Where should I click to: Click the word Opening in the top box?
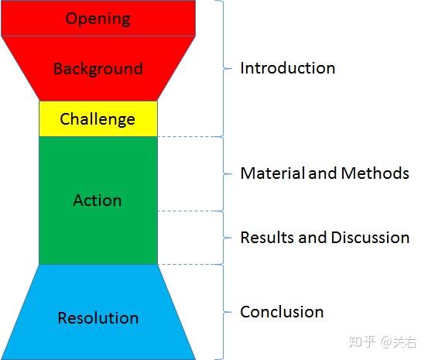pos(98,18)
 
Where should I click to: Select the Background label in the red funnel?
pos(98,68)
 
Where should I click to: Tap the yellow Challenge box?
pos(98,118)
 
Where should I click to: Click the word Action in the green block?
pos(98,201)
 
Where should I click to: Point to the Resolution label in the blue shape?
pos(98,317)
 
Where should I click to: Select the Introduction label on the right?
pos(287,67)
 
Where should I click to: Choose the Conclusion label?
pos(282,312)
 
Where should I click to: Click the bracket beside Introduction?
pos(225,68)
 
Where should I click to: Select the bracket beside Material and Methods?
pos(225,173)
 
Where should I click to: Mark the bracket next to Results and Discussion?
pos(225,237)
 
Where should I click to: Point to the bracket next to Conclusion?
pos(225,312)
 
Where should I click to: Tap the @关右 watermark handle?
pos(400,341)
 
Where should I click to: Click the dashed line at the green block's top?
pos(189,137)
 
